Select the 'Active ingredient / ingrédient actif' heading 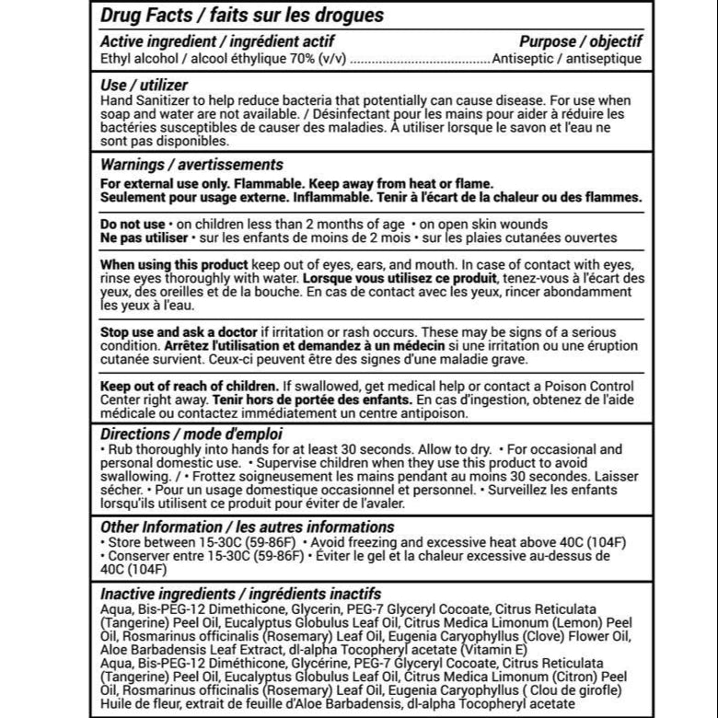pyautogui.click(x=216, y=41)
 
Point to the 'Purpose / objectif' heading pyautogui.click(x=581, y=41)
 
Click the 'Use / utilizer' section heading pyautogui.click(x=144, y=85)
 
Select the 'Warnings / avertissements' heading pyautogui.click(x=191, y=165)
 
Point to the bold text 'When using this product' pyautogui.click(x=174, y=264)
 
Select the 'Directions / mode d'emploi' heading pyautogui.click(x=191, y=434)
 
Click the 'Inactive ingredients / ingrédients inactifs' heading pyautogui.click(x=240, y=594)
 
